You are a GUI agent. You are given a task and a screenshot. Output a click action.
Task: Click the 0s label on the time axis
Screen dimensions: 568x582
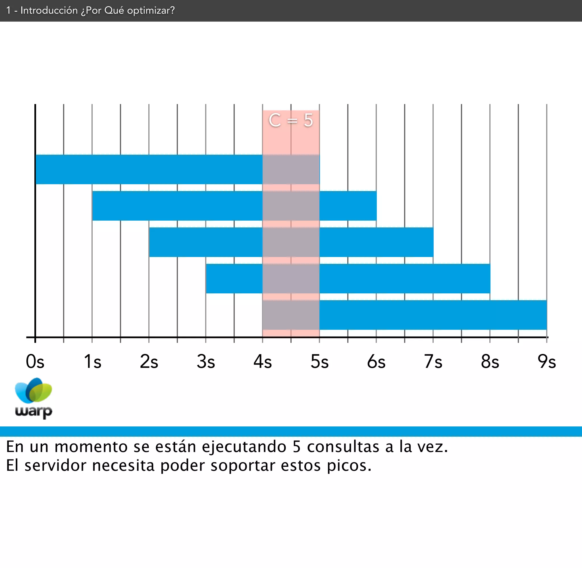click(35, 362)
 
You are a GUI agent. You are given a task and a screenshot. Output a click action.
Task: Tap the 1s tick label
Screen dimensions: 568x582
click(92, 362)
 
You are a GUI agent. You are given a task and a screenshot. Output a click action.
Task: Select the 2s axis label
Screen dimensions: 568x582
click(149, 362)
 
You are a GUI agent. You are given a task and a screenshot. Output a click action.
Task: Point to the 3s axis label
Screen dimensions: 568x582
click(206, 362)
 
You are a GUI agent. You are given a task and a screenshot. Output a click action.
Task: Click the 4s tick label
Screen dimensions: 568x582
click(263, 362)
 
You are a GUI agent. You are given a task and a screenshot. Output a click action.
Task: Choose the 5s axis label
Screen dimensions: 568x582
click(320, 362)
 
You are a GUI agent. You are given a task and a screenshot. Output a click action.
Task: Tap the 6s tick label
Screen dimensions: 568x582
click(376, 362)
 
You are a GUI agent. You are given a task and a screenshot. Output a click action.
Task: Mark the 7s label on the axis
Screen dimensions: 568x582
click(433, 362)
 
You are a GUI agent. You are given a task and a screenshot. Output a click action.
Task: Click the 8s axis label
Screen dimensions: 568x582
click(490, 362)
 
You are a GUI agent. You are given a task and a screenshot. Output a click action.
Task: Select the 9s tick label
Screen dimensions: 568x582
click(546, 362)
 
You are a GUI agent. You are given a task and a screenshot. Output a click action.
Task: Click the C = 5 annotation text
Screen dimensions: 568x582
click(291, 121)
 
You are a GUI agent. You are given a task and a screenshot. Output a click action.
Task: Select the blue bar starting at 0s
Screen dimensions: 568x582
click(149, 169)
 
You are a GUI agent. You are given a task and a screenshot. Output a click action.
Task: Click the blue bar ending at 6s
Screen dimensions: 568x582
click(179, 206)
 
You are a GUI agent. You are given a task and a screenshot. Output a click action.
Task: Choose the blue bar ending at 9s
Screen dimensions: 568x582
click(432, 315)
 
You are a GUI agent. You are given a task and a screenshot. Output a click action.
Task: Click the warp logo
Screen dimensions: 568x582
click(34, 398)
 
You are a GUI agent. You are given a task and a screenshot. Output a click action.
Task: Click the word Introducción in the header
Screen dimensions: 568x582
click(49, 11)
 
